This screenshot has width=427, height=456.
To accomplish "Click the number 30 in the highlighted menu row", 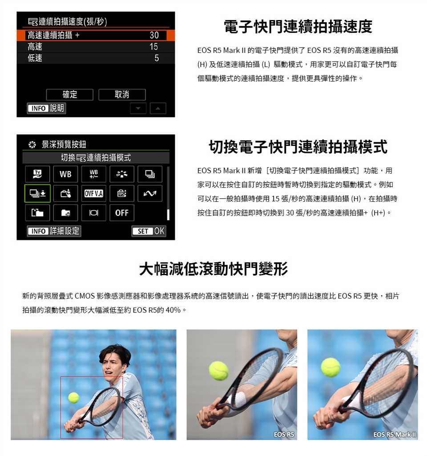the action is tap(154, 35).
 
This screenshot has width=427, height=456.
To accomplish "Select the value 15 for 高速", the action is tap(154, 47).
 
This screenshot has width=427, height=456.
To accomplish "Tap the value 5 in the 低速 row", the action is tap(157, 58).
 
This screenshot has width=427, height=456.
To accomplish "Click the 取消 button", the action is tap(122, 95).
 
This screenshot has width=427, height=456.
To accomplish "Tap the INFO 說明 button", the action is tap(47, 108).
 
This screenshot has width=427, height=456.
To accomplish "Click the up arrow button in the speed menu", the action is tap(158, 108).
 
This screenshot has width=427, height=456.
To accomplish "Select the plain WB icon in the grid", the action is tap(65, 174).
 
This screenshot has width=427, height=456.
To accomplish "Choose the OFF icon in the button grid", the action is tap(122, 212).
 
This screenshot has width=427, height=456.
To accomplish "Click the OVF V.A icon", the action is tap(93, 193).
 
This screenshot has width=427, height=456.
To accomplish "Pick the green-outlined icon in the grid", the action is tap(37, 193).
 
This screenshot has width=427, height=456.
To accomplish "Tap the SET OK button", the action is tap(149, 231).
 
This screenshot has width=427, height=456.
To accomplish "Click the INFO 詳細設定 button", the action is tap(54, 231).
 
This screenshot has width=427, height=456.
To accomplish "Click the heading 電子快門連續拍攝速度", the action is tap(298, 27).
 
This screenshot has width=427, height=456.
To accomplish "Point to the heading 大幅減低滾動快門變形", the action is tap(213, 269).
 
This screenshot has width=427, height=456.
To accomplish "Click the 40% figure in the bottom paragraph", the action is tap(173, 310).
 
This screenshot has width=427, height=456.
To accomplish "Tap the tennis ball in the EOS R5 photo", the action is tap(218, 370).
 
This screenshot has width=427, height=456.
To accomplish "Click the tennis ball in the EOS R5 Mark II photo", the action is tap(330, 367).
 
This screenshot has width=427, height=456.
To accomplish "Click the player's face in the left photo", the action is tap(113, 366).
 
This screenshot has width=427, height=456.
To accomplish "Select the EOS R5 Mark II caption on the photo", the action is tap(395, 435).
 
